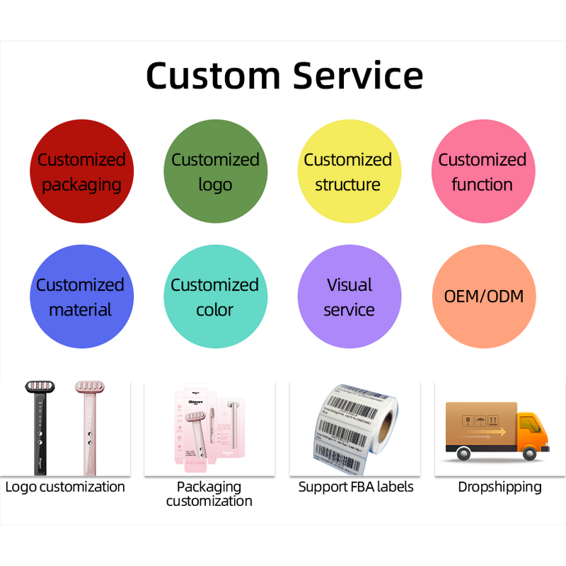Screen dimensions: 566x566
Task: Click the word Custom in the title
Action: coord(212,75)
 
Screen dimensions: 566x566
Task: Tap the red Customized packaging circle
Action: coord(81,172)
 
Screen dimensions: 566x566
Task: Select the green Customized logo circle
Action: coord(215,172)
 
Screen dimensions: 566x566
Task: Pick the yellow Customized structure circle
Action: coord(348,172)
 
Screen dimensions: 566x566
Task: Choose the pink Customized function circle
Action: coord(483,172)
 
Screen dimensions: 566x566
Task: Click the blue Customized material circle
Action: coord(81,297)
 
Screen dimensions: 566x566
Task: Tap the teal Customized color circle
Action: coord(215,297)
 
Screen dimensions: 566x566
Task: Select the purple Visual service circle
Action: coord(349,297)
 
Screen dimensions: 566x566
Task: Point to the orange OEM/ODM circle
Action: coord(483,296)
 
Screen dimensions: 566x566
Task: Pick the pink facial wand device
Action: coord(88,424)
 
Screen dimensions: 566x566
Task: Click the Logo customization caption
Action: coord(65,487)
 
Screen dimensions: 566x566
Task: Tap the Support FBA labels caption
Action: coord(356,487)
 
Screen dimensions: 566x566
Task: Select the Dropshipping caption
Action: coord(499,487)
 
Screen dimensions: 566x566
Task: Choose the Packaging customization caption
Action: coord(209,494)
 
